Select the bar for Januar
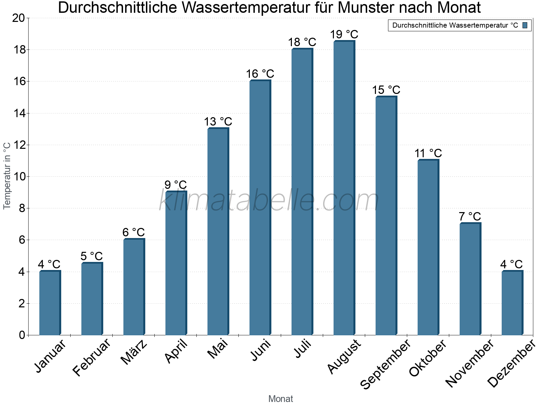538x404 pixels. pos(50,303)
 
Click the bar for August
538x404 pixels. pos(344,189)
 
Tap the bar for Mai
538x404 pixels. pos(218,232)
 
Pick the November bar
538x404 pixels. pos(470,279)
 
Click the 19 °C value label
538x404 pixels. pos(344,35)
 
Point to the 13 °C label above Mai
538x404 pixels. pos(218,122)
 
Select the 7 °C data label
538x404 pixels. pos(470,216)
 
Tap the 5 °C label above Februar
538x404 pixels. pos(91,256)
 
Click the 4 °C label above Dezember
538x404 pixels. pos(511,264)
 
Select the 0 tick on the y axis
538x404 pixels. pos(22,335)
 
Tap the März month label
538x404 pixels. pos(134,352)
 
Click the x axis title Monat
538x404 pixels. pos(281,399)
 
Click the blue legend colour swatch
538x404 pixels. pos(525,25)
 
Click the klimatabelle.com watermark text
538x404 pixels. pos(269,200)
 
